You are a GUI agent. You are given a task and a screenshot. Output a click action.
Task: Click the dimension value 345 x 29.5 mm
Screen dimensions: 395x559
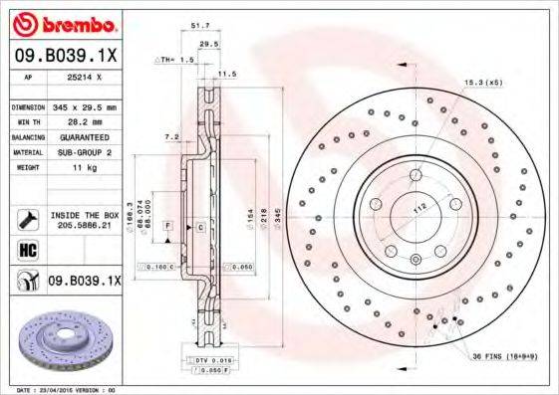click(x=84, y=106)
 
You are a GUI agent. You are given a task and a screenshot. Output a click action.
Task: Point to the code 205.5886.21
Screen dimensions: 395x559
click(x=84, y=226)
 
